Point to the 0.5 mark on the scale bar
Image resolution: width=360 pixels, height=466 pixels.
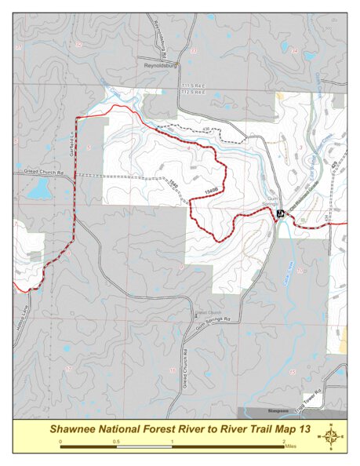click(116, 442)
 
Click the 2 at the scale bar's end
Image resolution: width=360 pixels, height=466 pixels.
click(284, 442)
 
